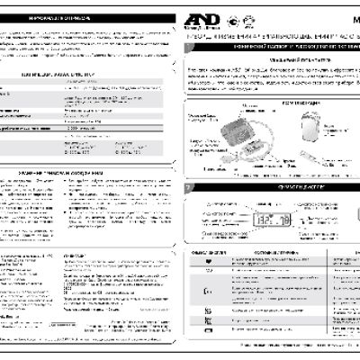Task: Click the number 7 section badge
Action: click(186, 187)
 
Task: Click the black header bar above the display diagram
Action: click(270, 187)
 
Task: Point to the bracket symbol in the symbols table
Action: click(197, 287)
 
